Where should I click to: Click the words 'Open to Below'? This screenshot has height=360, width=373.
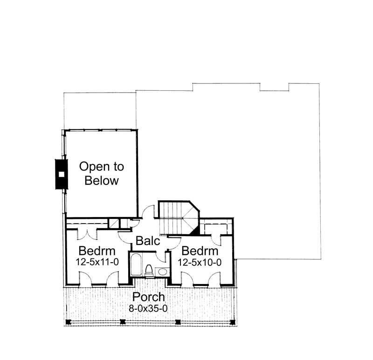tap(102, 173)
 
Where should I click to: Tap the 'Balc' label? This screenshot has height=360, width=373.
tap(148, 241)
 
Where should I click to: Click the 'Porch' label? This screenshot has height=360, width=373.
tap(148, 297)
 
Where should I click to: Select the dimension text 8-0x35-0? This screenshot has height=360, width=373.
tap(148, 307)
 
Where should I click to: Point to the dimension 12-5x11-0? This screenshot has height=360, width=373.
tap(97, 262)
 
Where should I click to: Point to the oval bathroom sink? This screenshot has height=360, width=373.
tap(162, 271)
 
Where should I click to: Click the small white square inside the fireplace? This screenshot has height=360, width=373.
tap(61, 174)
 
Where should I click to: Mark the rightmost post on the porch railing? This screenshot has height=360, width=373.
tap(232, 321)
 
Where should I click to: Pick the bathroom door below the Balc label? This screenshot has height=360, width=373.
tap(163, 256)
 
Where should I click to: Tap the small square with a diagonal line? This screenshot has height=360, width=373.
tap(113, 223)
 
